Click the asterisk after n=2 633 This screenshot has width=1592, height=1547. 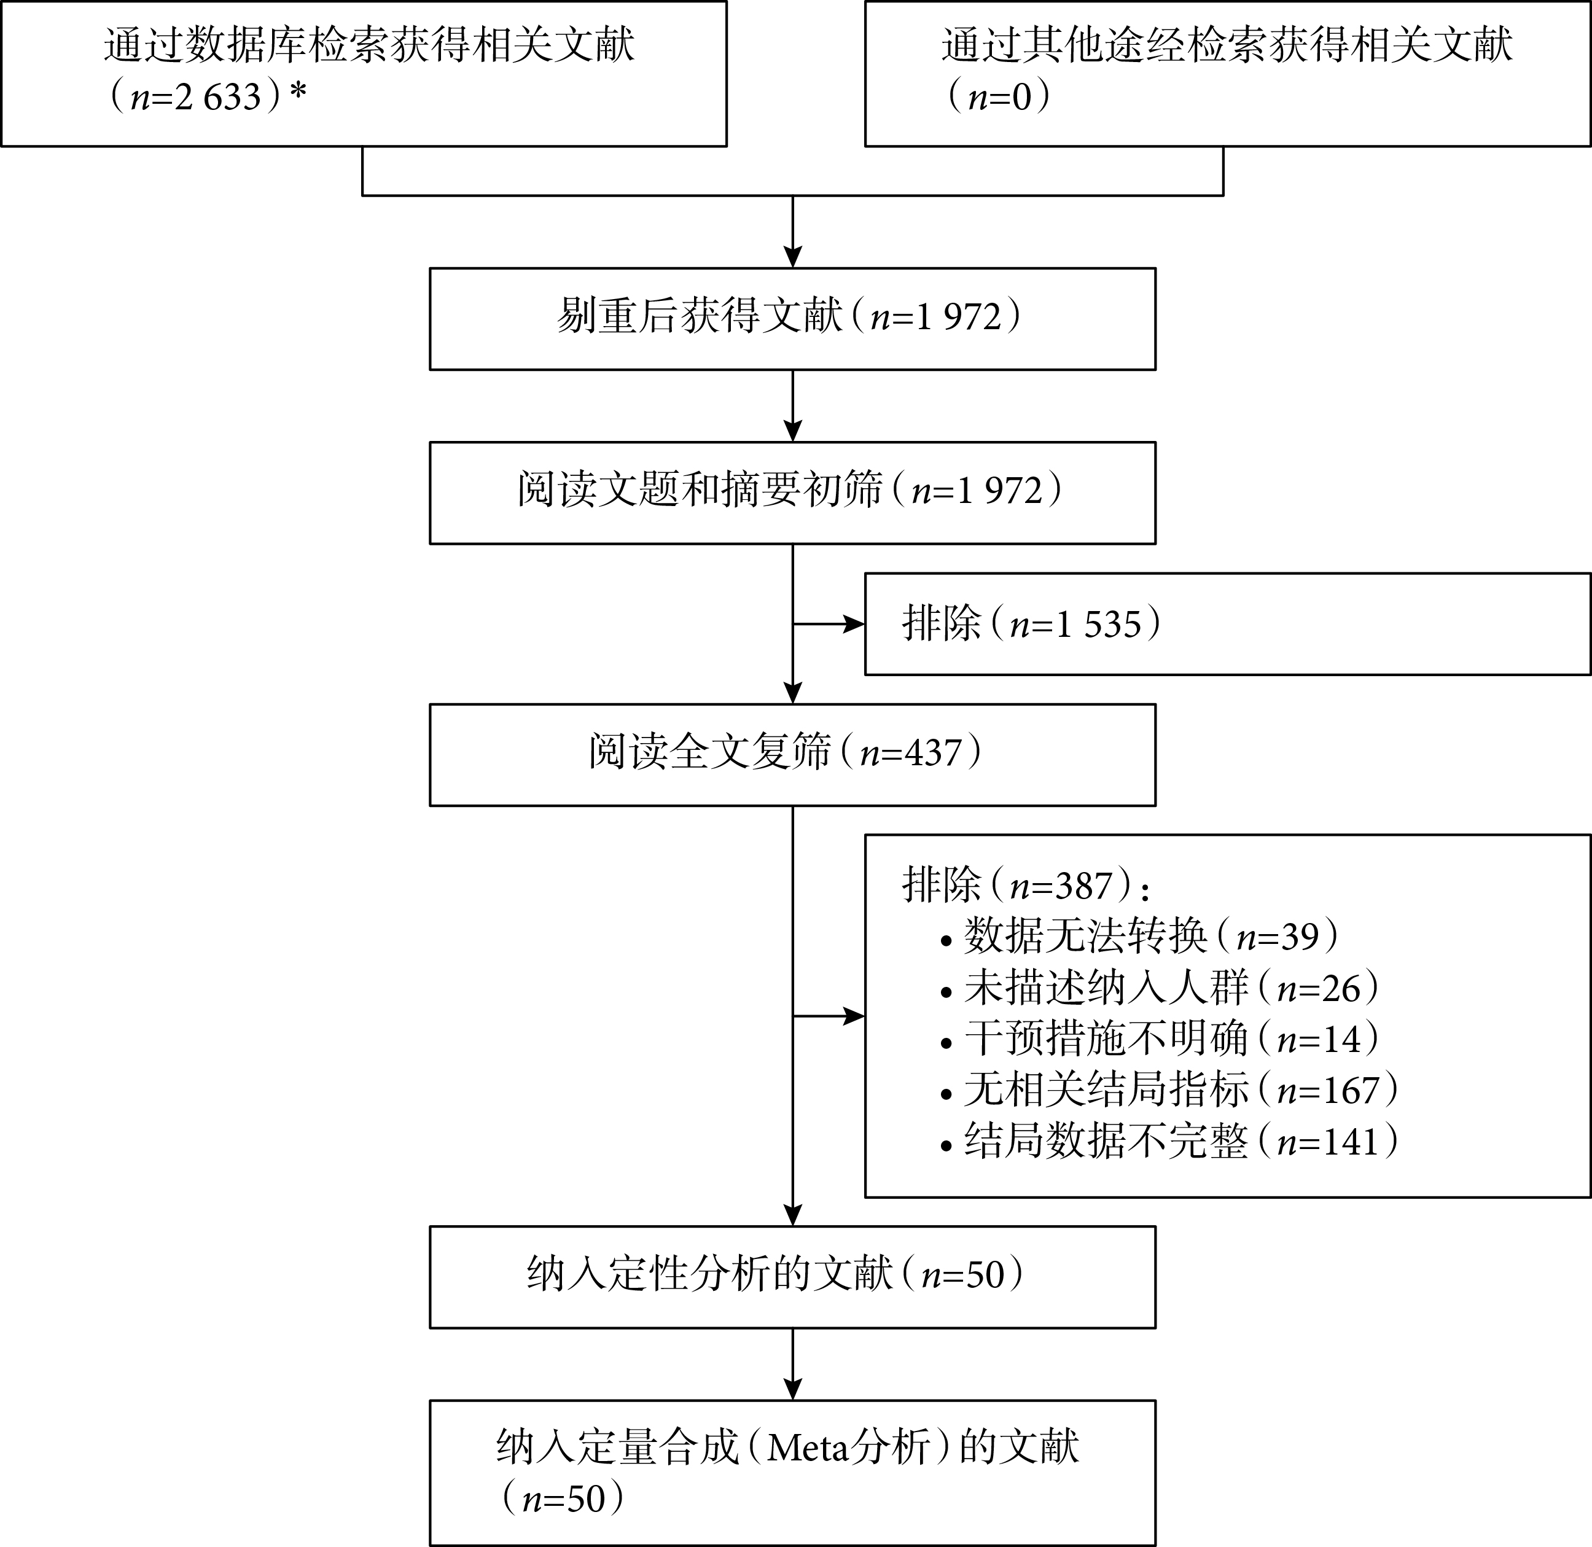298,90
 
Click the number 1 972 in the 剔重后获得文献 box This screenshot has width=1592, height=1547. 958,317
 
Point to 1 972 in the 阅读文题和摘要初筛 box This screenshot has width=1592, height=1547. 999,491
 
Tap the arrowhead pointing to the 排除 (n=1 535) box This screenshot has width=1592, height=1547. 854,624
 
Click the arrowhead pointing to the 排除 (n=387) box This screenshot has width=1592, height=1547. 854,1016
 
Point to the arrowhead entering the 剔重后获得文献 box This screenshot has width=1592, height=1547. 792,257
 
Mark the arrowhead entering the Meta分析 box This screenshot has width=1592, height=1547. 792,1389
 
